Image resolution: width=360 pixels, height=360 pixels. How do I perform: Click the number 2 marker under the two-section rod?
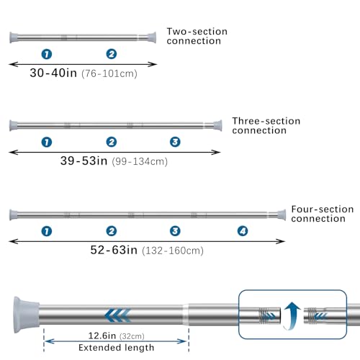(112, 54)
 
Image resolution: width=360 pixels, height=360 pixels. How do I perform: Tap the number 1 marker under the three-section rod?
(47, 142)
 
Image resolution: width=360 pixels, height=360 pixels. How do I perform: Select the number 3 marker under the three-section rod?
(175, 142)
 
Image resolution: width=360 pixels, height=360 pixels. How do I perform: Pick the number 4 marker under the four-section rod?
(243, 231)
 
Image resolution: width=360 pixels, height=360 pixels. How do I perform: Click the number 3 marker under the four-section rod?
(175, 231)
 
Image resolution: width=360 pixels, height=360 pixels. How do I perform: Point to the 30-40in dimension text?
(53, 73)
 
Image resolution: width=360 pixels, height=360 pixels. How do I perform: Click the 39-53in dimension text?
(84, 161)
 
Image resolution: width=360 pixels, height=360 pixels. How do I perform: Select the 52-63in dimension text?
(114, 250)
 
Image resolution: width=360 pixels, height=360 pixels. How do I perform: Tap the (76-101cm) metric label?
(109, 73)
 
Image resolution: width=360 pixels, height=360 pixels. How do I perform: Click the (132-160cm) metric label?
(173, 251)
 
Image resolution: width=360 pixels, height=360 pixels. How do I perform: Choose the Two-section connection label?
(197, 36)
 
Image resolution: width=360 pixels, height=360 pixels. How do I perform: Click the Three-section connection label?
(266, 126)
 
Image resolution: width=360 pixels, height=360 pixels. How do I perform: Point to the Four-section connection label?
(323, 214)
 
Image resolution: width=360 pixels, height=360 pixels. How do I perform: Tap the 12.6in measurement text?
(102, 336)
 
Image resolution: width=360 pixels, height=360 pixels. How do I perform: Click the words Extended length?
(117, 348)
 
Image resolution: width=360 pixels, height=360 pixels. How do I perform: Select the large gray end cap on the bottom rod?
(26, 315)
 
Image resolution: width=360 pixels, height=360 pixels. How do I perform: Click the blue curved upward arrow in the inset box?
(292, 315)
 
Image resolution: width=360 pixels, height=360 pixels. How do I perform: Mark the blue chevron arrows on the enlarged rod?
(118, 315)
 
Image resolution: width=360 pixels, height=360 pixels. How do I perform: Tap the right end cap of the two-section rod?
(152, 37)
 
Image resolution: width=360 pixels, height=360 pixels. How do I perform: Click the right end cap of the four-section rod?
(282, 215)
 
